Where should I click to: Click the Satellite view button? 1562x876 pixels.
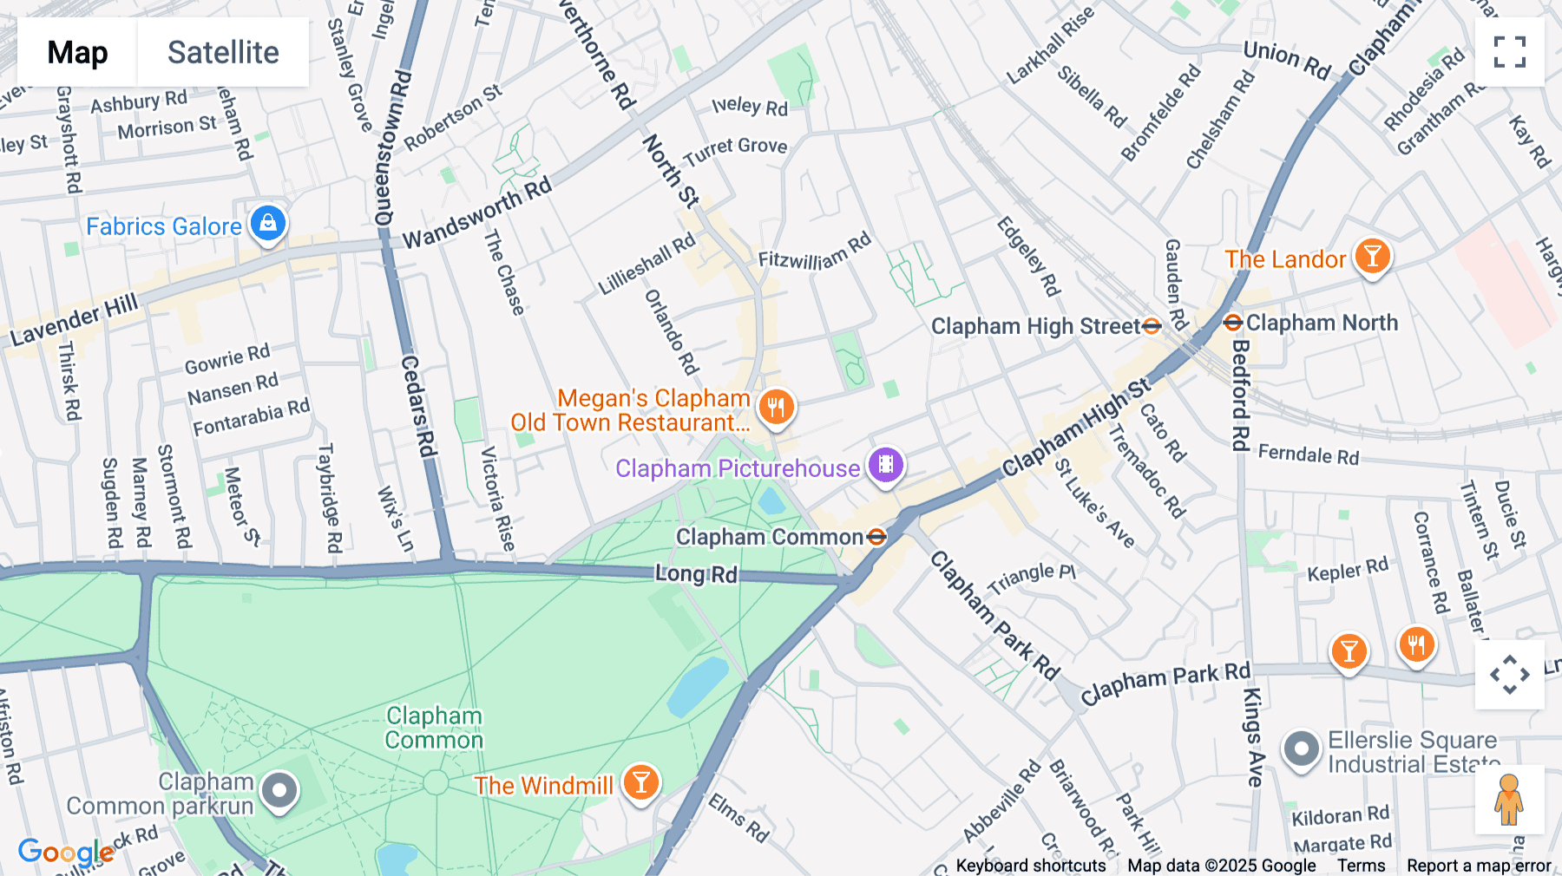[223, 52]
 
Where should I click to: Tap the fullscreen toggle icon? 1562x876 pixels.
[1509, 52]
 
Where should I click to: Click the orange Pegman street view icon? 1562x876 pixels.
[1509, 800]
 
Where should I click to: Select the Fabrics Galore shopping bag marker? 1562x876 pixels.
[268, 224]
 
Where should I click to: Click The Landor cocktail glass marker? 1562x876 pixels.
[1372, 257]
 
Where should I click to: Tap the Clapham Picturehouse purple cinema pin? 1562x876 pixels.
[885, 465]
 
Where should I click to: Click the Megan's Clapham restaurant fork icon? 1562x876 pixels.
[776, 406]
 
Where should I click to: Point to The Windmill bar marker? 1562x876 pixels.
[640, 783]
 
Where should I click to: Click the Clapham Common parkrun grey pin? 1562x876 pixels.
[279, 790]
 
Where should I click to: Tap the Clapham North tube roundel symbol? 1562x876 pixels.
[1232, 323]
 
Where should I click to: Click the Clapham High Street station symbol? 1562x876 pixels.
[1152, 326]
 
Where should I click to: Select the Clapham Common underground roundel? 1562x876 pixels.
[876, 537]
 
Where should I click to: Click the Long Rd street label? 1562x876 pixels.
[696, 574]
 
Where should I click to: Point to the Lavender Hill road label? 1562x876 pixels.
[75, 320]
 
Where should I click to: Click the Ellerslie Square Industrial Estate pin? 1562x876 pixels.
[1301, 749]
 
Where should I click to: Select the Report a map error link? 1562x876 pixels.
[1479, 866]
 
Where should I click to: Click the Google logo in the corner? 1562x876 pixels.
[66, 853]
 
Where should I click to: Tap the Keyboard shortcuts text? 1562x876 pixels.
[1030, 866]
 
